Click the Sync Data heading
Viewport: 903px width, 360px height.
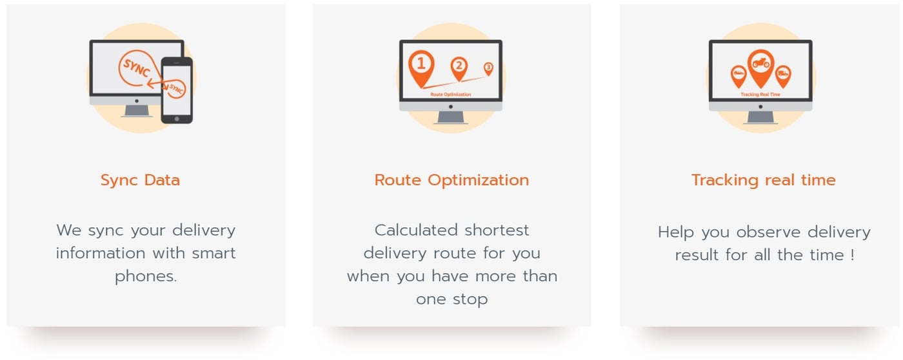click(140, 180)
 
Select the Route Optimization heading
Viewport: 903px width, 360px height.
click(451, 180)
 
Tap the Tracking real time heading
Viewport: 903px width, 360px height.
click(763, 180)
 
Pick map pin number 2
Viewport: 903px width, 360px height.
click(459, 66)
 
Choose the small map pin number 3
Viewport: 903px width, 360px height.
click(488, 68)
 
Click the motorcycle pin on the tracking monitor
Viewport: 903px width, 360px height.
click(760, 65)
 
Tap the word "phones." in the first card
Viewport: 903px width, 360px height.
click(146, 276)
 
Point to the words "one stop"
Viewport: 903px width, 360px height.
click(451, 299)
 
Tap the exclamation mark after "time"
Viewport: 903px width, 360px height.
click(852, 255)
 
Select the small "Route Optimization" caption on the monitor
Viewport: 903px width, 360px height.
click(451, 95)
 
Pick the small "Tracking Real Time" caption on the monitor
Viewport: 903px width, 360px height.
click(760, 95)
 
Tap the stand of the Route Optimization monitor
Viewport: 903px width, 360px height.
click(451, 117)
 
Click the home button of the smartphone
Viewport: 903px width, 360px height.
click(177, 118)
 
